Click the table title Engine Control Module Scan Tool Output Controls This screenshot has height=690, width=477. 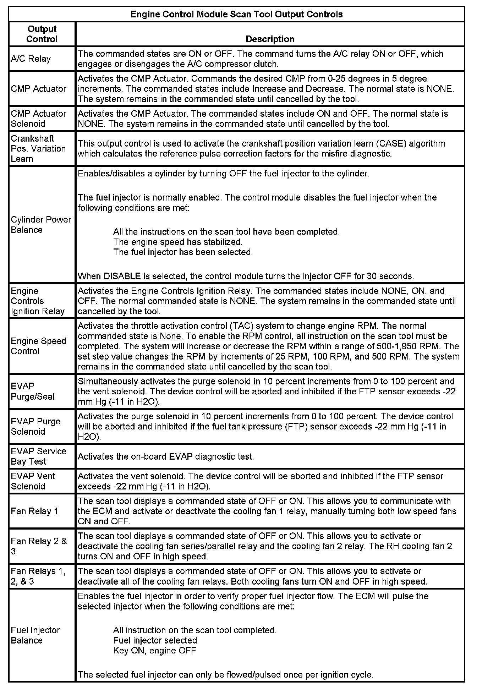[237, 15]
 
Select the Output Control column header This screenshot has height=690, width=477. [42, 34]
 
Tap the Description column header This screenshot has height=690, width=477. [270, 39]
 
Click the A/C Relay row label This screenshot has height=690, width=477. [31, 59]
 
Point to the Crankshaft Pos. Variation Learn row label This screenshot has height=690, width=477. [38, 148]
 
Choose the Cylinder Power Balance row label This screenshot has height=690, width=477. [41, 225]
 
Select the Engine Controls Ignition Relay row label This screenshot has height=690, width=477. [38, 301]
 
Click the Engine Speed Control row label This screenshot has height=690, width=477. [38, 346]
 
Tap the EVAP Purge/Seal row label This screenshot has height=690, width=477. [33, 391]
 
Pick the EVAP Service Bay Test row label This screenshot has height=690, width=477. [38, 456]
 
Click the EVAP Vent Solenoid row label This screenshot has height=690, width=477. [33, 481]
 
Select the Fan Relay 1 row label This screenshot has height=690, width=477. [34, 511]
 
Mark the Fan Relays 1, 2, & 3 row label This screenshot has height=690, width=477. [38, 576]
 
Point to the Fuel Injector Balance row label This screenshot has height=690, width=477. [35, 635]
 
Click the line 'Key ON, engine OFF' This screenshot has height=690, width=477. [154, 650]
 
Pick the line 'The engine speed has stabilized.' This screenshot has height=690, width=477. [177, 242]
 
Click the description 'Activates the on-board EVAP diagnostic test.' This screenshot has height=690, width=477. [166, 456]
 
